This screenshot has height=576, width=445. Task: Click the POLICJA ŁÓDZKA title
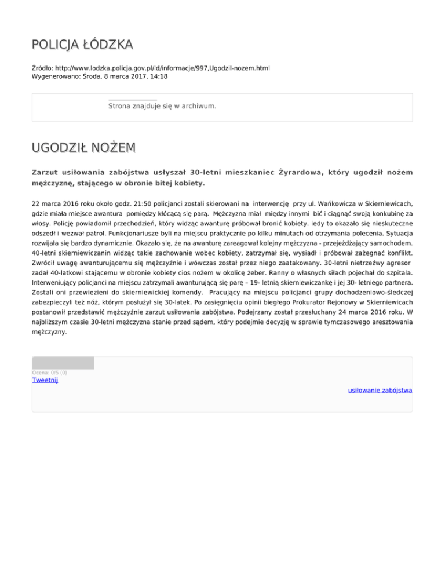82,44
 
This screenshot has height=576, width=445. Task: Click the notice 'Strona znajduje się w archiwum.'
162,106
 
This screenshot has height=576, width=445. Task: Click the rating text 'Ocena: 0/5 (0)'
49,372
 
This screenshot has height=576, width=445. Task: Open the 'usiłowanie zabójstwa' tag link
380,391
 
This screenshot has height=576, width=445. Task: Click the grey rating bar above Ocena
63,363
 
